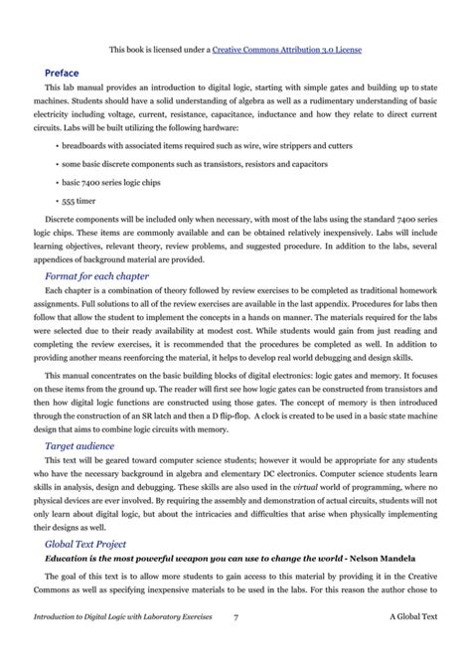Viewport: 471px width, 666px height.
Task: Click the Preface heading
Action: tap(64, 72)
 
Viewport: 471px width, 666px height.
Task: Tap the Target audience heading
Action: tap(79, 446)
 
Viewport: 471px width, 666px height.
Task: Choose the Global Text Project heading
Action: tap(85, 544)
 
